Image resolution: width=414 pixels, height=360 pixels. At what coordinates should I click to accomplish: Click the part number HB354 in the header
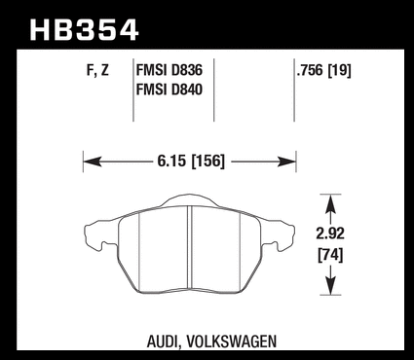coord(84,30)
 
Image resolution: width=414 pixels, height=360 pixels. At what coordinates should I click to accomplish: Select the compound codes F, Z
coord(97,70)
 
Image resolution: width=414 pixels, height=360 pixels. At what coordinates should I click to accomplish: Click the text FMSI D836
coord(169,70)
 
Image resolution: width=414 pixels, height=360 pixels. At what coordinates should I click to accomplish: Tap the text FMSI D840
coord(169,90)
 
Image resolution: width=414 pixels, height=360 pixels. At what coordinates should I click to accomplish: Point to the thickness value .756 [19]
coord(323,70)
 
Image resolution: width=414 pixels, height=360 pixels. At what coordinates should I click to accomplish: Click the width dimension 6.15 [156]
coord(191,162)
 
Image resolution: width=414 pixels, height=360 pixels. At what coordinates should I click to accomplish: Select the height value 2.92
coord(330,234)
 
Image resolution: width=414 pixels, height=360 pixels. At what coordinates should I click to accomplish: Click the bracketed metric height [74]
coord(330,255)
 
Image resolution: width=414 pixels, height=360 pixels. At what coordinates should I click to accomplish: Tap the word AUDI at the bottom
coord(162,342)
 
